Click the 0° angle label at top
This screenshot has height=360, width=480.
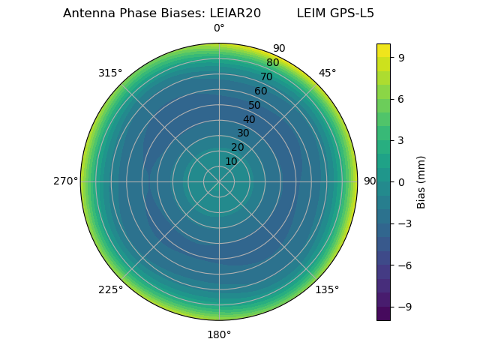(219, 28)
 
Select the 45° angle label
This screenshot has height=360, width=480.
(327, 73)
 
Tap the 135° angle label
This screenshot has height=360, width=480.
(327, 289)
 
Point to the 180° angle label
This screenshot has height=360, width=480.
(219, 334)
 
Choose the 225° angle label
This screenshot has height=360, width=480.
(110, 289)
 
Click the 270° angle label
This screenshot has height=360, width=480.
(65, 181)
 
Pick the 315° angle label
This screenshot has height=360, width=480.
(110, 73)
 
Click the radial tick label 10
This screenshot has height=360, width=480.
(231, 161)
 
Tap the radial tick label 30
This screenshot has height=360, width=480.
(243, 133)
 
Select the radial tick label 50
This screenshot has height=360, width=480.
(254, 105)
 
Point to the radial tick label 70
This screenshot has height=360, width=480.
(266, 76)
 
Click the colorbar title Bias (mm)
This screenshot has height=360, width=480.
(421, 181)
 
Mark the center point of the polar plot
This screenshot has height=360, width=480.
(219, 181)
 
